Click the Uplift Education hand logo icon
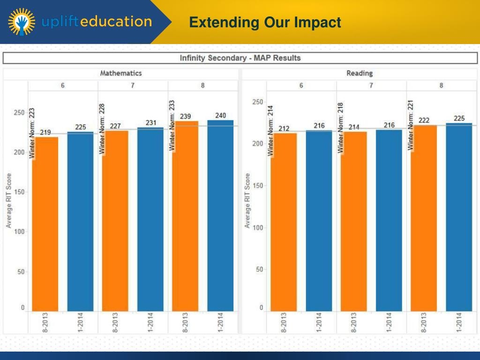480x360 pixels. tap(22, 22)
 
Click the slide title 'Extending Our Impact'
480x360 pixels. tap(265, 22)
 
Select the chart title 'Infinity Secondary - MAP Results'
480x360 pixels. tap(240, 58)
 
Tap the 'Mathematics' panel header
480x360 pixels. tap(120, 73)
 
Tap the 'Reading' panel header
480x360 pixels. tap(360, 73)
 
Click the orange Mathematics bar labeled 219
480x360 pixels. tap(45, 224)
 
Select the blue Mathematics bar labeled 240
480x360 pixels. tap(220, 216)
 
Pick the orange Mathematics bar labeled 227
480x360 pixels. tap(115, 220)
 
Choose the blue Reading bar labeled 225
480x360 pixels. tap(459, 217)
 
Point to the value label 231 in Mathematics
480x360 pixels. tap(150, 123)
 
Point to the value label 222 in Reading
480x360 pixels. tap(424, 120)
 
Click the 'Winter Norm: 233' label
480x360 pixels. tap(172, 125)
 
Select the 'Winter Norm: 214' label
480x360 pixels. tap(270, 130)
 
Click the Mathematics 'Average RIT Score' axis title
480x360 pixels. tap(9, 201)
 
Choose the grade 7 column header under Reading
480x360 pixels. tap(371, 86)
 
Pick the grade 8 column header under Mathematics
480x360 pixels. tap(202, 86)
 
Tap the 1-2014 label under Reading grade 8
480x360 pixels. tap(459, 322)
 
